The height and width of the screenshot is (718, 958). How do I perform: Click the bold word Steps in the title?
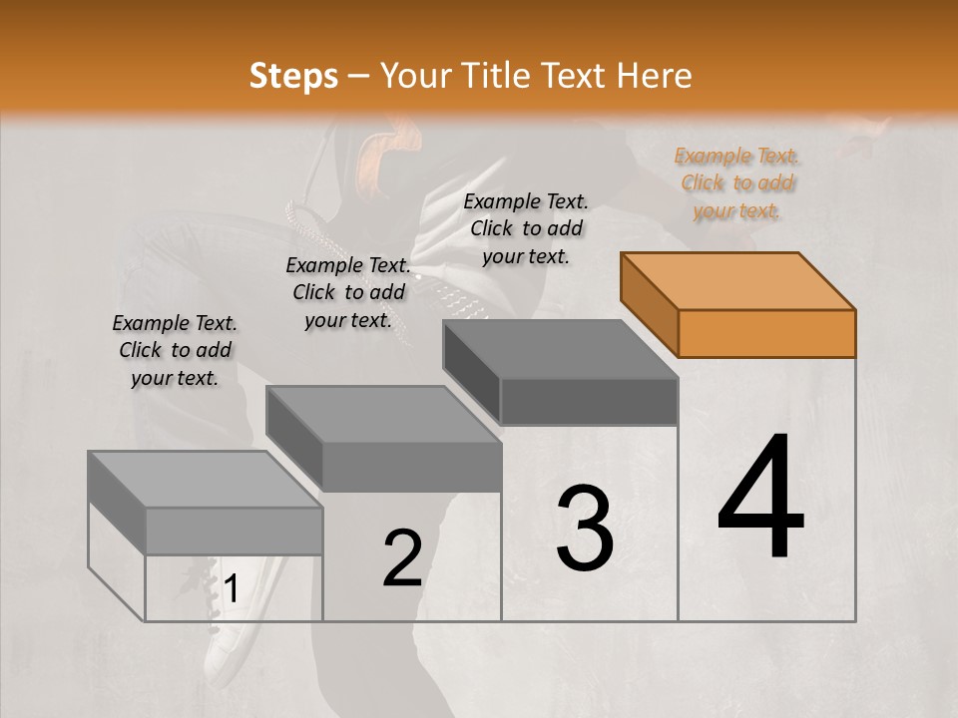pyautogui.click(x=293, y=76)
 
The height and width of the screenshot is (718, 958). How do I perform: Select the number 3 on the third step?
pyautogui.click(x=584, y=529)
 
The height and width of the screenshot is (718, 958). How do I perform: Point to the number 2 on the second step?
pyautogui.click(x=402, y=558)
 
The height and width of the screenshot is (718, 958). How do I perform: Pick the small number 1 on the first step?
pyautogui.click(x=231, y=589)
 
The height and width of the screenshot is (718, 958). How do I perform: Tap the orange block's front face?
pyautogui.click(x=766, y=333)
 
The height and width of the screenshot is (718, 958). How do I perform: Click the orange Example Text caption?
pyautogui.click(x=737, y=182)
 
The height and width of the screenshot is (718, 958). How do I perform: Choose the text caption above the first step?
pyautogui.click(x=175, y=350)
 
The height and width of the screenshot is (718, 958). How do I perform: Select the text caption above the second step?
pyautogui.click(x=348, y=292)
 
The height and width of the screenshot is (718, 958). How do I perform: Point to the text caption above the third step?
pyautogui.click(x=526, y=228)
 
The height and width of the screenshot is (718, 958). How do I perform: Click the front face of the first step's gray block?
pyautogui.click(x=234, y=532)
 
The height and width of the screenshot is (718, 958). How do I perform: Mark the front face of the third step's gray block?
pyautogui.click(x=589, y=402)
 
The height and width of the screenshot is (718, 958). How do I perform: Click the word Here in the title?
pyautogui.click(x=655, y=76)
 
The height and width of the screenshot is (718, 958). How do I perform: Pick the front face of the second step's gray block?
pyautogui.click(x=411, y=467)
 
